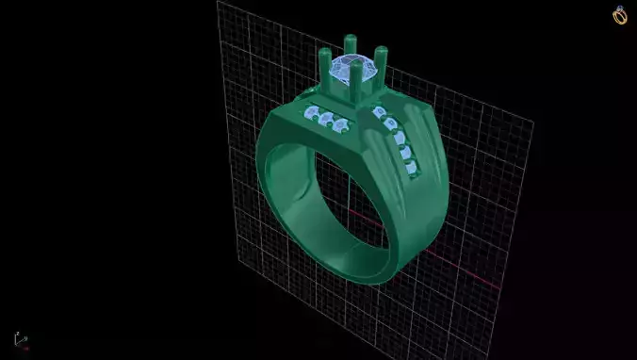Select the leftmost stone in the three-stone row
click(x=312, y=114)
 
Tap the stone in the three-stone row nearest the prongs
click(x=340, y=125)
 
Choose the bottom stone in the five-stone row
click(x=411, y=168)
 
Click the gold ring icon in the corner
click(x=620, y=15)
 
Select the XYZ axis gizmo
click(x=19, y=339)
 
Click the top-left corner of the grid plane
click(x=218, y=3)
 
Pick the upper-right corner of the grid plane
click(x=533, y=120)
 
